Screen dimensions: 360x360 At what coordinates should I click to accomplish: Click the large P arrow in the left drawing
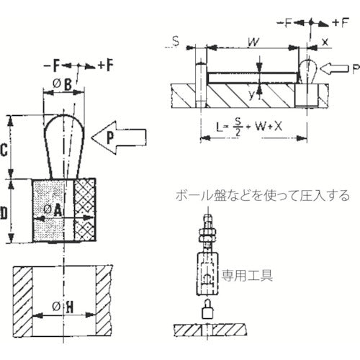click(x=119, y=138)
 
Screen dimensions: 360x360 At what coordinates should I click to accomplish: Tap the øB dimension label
click(x=63, y=84)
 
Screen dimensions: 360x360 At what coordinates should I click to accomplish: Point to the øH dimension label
click(x=63, y=307)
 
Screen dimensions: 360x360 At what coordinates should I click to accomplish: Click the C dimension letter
click(x=4, y=150)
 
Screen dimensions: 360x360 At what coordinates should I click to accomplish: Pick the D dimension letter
click(x=4, y=213)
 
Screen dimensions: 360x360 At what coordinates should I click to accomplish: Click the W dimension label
click(x=254, y=42)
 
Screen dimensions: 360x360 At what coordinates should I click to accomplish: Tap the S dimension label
click(x=176, y=41)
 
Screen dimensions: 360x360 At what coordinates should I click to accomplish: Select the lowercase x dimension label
click(x=325, y=42)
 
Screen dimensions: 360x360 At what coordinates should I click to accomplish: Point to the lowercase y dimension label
click(x=251, y=95)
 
